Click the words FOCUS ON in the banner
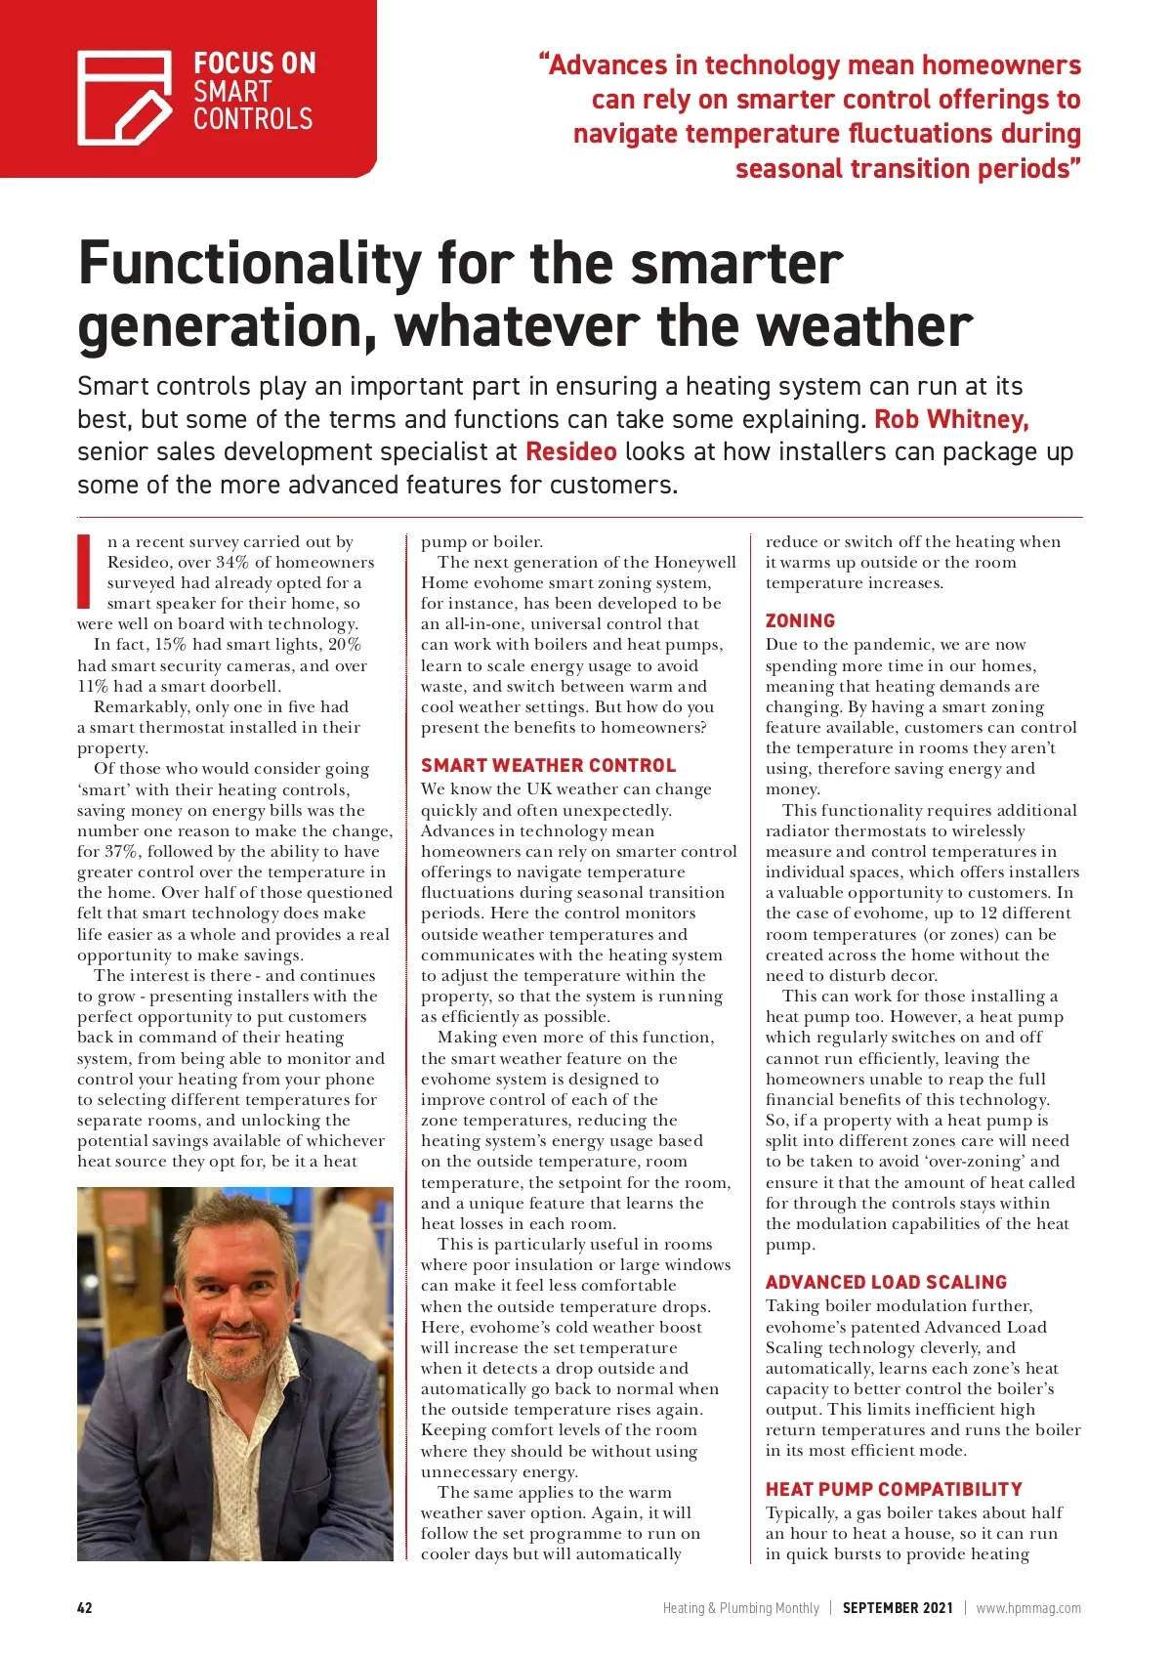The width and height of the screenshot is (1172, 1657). click(254, 64)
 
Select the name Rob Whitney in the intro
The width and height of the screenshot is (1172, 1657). click(951, 419)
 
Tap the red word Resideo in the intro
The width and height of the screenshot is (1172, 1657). click(570, 451)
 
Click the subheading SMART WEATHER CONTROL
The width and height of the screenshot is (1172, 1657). click(548, 765)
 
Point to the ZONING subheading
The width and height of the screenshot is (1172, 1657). click(800, 620)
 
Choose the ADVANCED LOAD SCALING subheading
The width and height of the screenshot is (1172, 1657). click(886, 1282)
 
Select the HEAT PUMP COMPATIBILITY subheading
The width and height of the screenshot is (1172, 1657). click(893, 1489)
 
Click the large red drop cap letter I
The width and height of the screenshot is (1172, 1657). click(85, 571)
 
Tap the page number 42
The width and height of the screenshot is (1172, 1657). click(85, 1607)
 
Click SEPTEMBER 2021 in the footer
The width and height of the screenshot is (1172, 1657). click(897, 1607)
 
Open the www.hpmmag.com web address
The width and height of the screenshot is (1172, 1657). click(1027, 1607)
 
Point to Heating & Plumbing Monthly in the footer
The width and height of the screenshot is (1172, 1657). click(740, 1607)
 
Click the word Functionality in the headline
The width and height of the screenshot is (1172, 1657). click(250, 264)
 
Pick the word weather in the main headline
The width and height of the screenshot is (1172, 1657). click(865, 326)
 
